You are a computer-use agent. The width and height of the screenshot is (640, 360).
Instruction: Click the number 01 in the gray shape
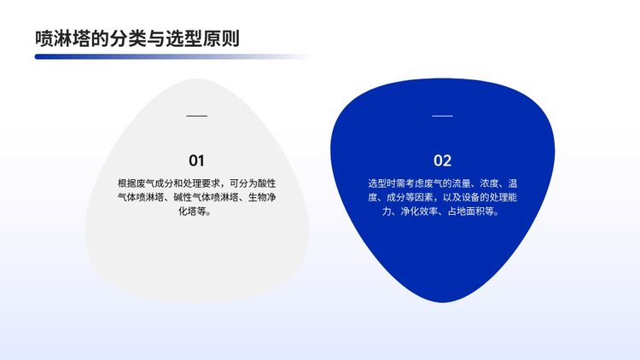click(x=196, y=160)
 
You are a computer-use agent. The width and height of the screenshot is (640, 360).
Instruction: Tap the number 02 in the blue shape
click(x=442, y=160)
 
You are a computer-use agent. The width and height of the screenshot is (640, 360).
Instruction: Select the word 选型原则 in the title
click(x=202, y=38)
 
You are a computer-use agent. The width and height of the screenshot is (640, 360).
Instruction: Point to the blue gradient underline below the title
click(x=172, y=57)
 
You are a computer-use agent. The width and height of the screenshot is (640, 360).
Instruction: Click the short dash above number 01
click(x=197, y=116)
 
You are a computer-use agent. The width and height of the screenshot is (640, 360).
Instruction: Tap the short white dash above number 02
click(x=442, y=116)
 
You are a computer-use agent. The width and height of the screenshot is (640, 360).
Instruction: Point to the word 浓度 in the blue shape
click(x=489, y=183)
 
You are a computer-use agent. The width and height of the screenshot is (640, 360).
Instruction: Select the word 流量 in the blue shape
click(x=461, y=183)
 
